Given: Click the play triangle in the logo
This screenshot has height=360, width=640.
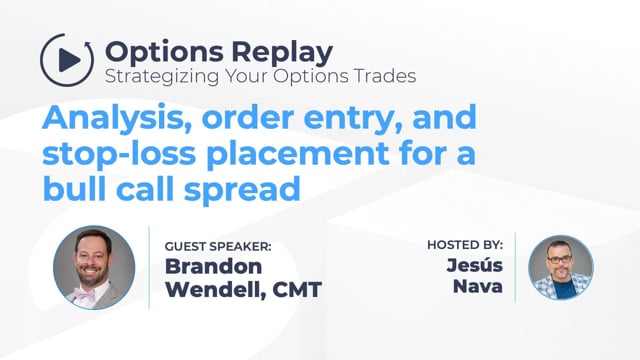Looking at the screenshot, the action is coord(69,60).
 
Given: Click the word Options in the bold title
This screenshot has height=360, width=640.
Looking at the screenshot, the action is coord(164,53).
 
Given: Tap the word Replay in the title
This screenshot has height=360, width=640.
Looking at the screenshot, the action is coord(282,53).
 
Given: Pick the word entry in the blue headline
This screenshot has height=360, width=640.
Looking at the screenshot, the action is coord(353,119).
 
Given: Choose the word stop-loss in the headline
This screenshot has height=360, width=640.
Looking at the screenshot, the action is coord(119,153).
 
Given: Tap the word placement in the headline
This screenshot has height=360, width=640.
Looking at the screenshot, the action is coord(298,154).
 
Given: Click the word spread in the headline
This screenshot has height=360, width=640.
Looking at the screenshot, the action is coord(242,190).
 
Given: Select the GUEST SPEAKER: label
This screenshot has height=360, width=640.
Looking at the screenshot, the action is coord(218,247).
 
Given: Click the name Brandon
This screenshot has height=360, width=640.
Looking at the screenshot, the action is coord(213,266).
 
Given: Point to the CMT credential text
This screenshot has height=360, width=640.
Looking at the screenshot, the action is coord(297,290).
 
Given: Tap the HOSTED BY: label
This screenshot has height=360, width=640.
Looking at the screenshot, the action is coord(465,245).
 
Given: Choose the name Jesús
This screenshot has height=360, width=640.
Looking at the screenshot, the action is coord(474,264).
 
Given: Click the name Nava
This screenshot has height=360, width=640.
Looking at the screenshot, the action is coord(478,286).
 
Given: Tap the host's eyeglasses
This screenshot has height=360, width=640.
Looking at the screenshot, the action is coord(559,259).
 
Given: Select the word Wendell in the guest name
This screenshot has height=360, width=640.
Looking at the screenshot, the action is coord(216,290).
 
